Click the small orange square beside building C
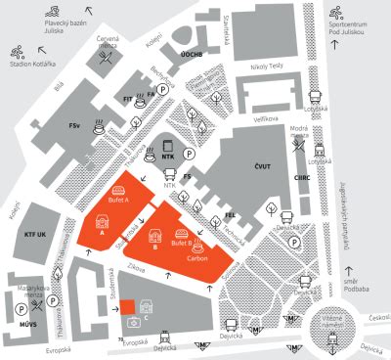pyautogui.click(x=131, y=323)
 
